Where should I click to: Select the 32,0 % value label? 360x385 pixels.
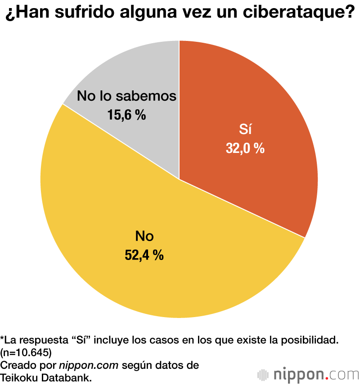click(x=245, y=148)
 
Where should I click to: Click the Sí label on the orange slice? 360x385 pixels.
click(x=245, y=130)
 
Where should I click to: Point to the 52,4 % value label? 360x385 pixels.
click(x=144, y=255)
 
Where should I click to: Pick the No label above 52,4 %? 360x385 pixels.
click(x=144, y=237)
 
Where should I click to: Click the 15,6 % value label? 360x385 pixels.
click(x=126, y=115)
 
